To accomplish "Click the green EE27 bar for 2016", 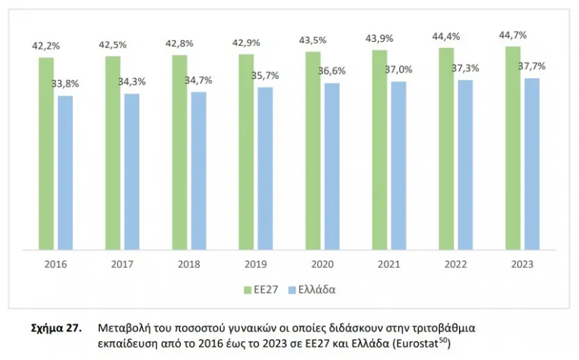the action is [46, 153].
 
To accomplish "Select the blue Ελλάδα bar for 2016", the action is [66, 173].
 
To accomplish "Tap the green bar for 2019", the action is [246, 152].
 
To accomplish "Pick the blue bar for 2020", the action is [332, 167].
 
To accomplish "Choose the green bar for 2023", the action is [513, 148].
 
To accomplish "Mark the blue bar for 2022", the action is [465, 165].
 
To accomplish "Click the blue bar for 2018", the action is [199, 171].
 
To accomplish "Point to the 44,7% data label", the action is [513, 35].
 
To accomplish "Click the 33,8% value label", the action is [65, 84].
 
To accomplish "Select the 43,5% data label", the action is [313, 40].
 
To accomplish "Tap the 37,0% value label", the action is [398, 69].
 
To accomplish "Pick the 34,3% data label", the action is [132, 82].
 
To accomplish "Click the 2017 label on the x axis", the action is [122, 264].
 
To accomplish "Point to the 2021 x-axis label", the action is [389, 264].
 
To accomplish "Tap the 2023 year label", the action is [522, 264].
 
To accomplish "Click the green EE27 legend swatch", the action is [248, 290].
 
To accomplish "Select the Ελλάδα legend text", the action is [317, 290].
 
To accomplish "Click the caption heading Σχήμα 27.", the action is [57, 328].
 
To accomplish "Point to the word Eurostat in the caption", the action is [416, 344].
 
